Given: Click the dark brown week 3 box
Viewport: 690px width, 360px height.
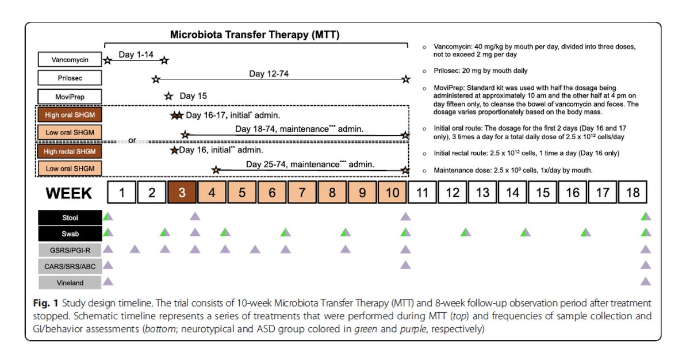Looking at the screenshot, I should tap(182, 192).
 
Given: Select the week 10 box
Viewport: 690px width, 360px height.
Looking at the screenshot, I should tap(392, 192).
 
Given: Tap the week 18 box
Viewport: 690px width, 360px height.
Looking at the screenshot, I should tap(632, 192).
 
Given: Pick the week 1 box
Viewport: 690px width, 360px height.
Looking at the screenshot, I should tap(122, 192).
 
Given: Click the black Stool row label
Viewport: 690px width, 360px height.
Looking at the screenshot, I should tap(70, 218).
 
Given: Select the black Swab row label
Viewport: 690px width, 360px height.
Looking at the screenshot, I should tap(70, 233).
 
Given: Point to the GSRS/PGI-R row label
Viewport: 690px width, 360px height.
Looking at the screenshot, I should tap(70, 250).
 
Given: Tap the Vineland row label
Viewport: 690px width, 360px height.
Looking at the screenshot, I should tap(70, 282).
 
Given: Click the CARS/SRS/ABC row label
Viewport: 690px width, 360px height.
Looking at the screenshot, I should tap(70, 266).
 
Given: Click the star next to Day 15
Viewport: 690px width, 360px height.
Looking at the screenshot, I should tap(168, 96).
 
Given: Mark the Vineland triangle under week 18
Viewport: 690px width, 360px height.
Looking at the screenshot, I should tap(646, 282).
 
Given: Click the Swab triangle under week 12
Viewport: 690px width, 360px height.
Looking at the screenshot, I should tap(466, 232).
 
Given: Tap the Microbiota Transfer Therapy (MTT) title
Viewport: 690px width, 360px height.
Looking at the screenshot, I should tap(255, 35).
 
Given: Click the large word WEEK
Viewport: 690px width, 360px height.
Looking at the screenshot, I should tap(70, 193).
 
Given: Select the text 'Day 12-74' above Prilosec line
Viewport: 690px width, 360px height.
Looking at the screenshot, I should tap(269, 74).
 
